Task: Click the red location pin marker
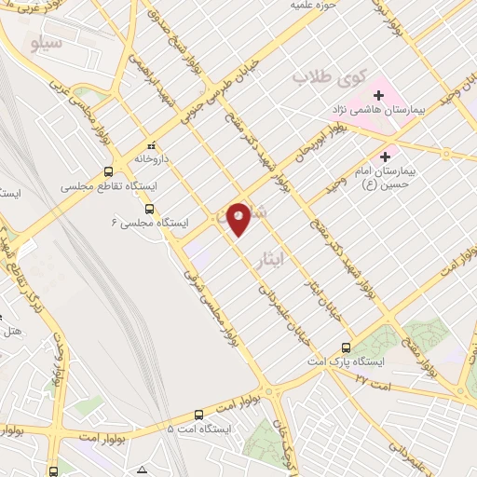(239, 217)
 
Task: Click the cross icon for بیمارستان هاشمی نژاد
(379, 94)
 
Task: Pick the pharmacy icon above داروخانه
(151, 145)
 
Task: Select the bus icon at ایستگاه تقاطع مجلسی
(109, 171)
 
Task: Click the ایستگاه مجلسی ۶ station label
(150, 224)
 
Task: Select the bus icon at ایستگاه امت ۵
(198, 415)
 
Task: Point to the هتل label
(11, 331)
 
